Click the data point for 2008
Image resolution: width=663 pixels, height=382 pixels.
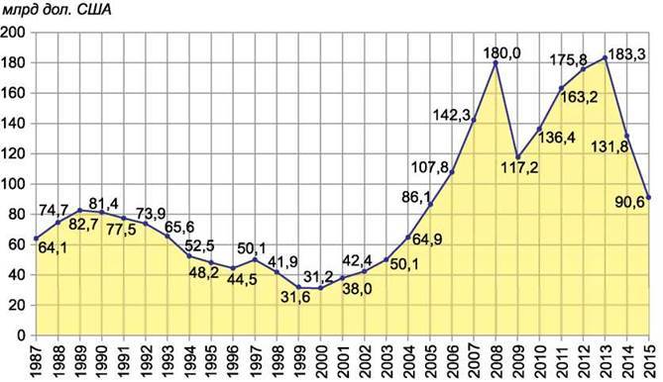tap(496, 63)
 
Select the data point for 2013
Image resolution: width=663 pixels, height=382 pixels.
tap(606, 57)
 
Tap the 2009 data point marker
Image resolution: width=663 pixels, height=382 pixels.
tap(517, 157)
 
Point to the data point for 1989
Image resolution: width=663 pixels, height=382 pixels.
tap(80, 210)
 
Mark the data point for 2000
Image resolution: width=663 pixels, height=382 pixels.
tap(320, 288)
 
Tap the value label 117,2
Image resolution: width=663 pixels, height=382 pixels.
tap(520, 168)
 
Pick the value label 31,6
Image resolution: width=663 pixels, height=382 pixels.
tap(295, 297)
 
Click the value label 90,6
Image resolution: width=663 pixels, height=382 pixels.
tap(630, 202)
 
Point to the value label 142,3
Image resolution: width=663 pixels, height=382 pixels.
tap(452, 115)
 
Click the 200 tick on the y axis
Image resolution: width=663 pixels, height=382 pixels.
tap(13, 33)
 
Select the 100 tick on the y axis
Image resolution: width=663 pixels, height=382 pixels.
tap(13, 184)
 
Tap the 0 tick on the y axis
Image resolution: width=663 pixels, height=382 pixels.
tap(21, 335)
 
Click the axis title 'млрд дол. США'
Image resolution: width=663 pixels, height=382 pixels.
tap(57, 10)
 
